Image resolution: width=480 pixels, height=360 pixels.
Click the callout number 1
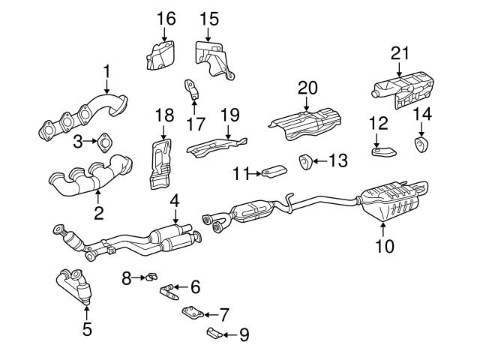[x=106, y=71]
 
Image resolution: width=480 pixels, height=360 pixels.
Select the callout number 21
[x=401, y=52]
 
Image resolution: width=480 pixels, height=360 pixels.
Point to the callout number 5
[x=87, y=328]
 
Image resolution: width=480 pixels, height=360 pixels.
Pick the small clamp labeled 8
[x=148, y=278]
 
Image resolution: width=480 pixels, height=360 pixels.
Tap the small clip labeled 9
[x=212, y=332]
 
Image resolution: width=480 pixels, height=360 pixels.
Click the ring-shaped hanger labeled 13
[x=305, y=160]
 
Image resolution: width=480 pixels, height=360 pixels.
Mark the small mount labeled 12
[x=383, y=151]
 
